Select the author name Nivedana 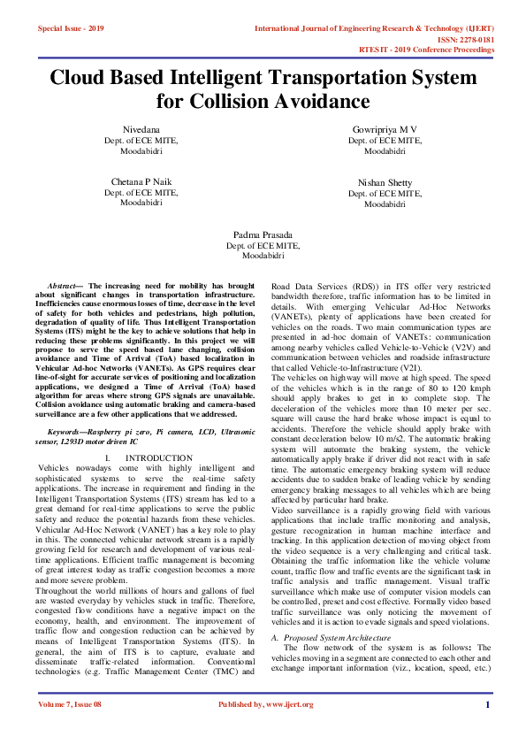[141, 129]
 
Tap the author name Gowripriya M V [385, 129]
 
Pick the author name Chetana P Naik [141, 181]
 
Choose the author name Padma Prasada [263, 234]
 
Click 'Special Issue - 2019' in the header [71, 28]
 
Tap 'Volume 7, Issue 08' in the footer [70, 728]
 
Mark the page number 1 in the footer [487, 728]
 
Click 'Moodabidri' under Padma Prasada [263, 256]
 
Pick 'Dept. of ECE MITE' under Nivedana [141, 140]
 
